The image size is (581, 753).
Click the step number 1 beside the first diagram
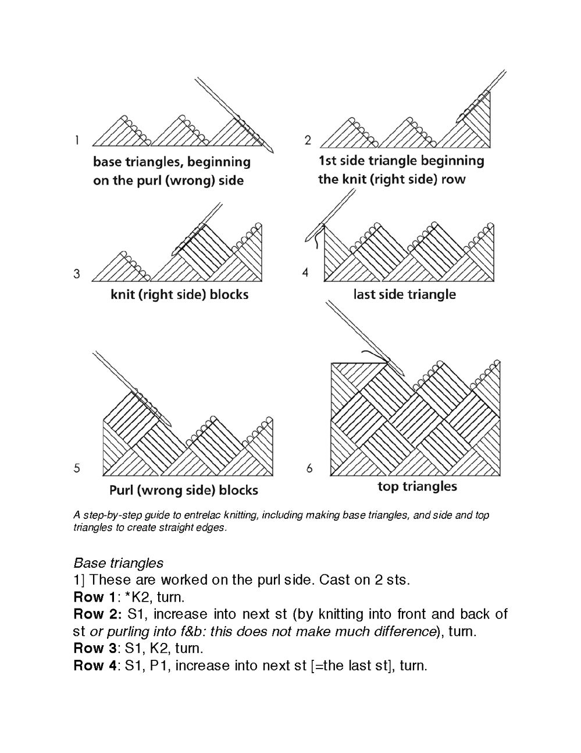click(x=77, y=140)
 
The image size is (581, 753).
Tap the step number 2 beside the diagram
click(x=308, y=140)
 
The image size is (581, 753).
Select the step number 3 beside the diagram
click(x=77, y=274)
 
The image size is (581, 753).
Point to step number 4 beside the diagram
click(x=305, y=273)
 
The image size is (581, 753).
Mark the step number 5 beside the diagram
click(x=77, y=468)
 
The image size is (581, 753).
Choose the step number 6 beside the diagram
click(x=309, y=468)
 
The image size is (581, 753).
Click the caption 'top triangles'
click(x=417, y=486)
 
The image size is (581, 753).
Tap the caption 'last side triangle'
click(x=404, y=295)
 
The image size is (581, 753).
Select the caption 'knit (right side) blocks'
click(x=179, y=295)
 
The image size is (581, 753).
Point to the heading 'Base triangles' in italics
click(x=119, y=563)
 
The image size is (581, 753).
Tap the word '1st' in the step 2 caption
click(x=329, y=161)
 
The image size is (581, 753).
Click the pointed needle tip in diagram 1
click(x=272, y=152)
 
